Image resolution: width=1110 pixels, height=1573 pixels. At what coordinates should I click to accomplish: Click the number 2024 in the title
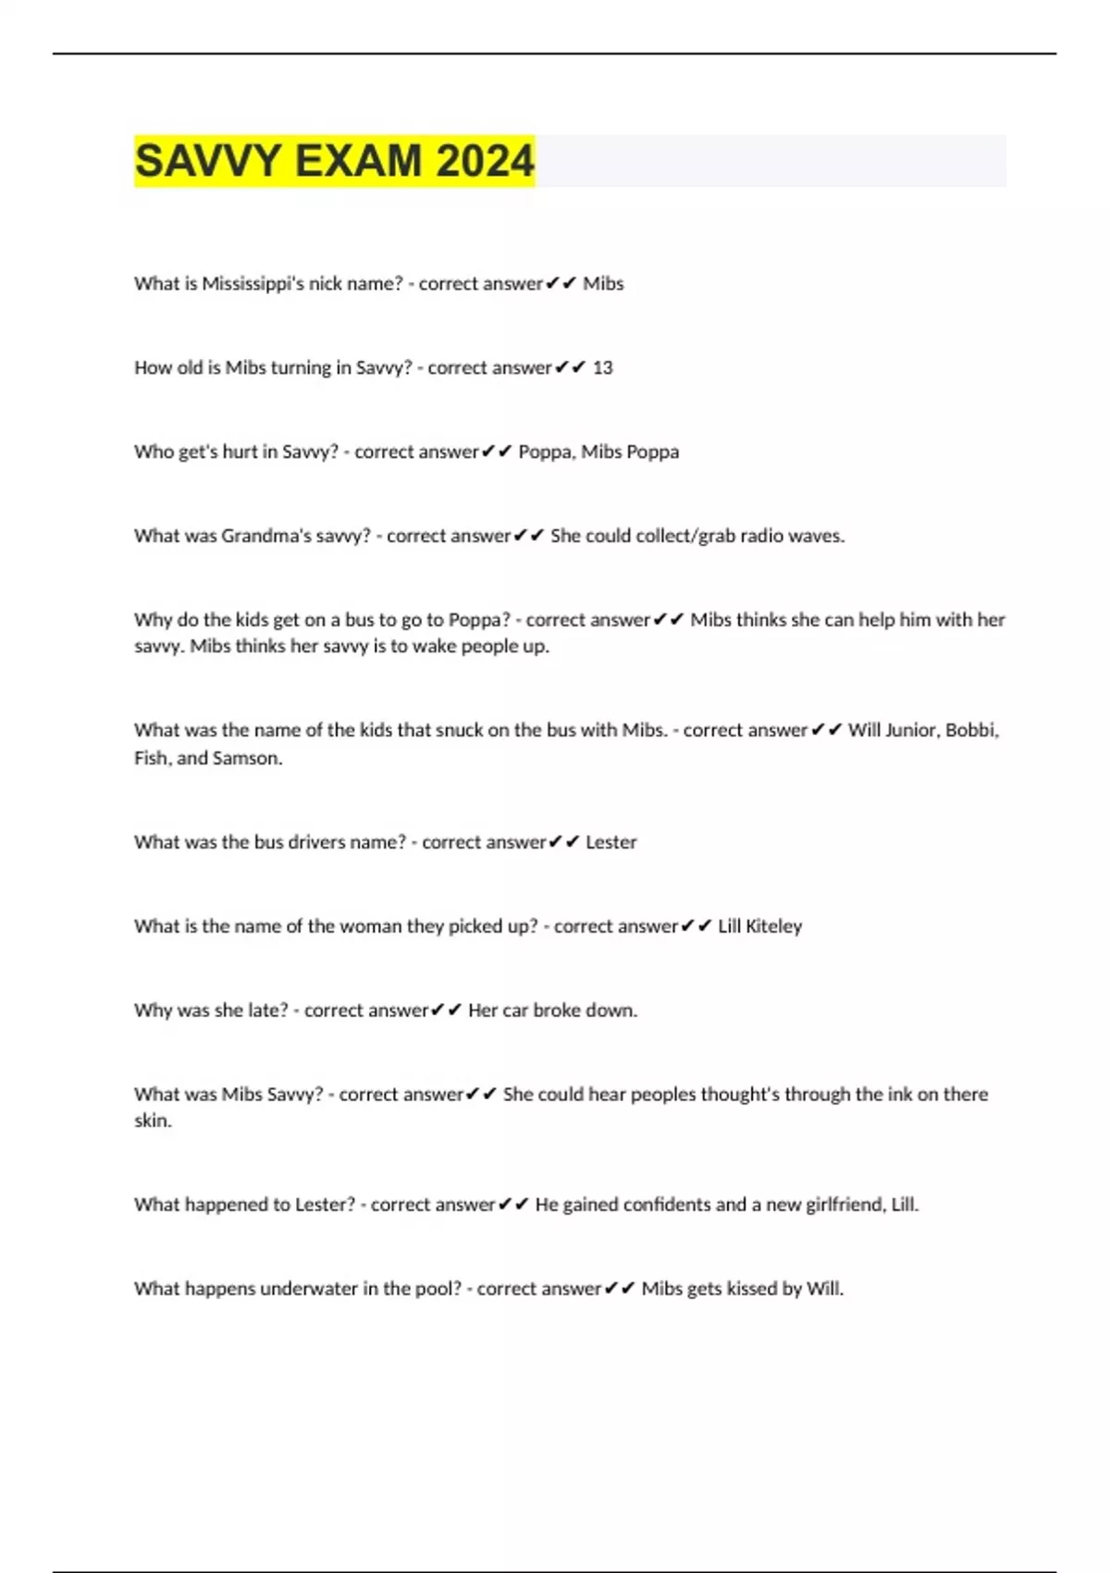point(485,161)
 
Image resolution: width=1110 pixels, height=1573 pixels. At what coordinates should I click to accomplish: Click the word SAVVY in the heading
point(208,161)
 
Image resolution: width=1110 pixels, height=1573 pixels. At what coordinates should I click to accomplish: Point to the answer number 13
point(602,368)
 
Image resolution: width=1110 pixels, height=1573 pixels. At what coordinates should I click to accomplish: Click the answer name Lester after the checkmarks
point(610,842)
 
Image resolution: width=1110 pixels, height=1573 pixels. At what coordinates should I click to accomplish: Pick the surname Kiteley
point(774,926)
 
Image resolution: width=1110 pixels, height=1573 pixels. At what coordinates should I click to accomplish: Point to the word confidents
point(666,1205)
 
